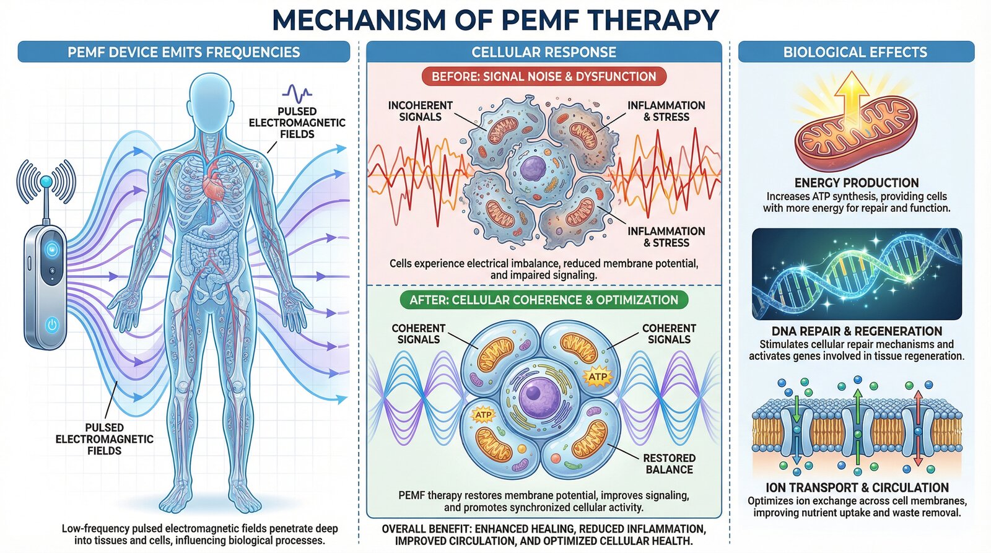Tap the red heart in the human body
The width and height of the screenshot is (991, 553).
pyautogui.click(x=215, y=183)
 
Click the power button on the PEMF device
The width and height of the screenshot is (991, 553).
pyautogui.click(x=52, y=324)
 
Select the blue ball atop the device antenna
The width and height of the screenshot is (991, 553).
pyautogui.click(x=46, y=181)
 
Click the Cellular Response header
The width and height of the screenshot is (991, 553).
pyautogui.click(x=544, y=52)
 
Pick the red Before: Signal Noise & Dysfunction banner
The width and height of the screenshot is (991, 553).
pyautogui.click(x=543, y=77)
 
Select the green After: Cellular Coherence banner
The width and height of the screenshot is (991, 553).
pyautogui.click(x=543, y=300)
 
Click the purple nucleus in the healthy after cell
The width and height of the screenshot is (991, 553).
pyautogui.click(x=532, y=394)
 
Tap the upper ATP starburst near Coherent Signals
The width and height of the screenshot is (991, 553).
pyautogui.click(x=598, y=377)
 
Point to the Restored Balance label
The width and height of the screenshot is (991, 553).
pyautogui.click(x=669, y=464)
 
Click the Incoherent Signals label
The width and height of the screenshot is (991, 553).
pyautogui.click(x=420, y=111)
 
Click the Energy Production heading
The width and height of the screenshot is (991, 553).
pyautogui.click(x=857, y=183)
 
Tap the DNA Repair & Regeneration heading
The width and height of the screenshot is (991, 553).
pyautogui.click(x=857, y=331)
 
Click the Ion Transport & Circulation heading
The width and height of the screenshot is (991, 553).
pyautogui.click(x=857, y=488)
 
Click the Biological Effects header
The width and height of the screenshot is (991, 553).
pyautogui.click(x=855, y=52)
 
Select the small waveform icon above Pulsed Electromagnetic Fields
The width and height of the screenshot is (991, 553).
pyautogui.click(x=297, y=94)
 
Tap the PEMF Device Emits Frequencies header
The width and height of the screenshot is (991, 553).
pyautogui.click(x=183, y=52)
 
